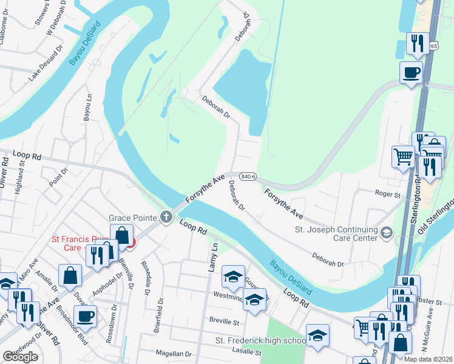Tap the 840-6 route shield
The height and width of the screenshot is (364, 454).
246,176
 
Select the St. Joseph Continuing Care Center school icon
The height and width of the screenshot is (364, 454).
387,232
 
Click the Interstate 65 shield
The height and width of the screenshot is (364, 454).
432,46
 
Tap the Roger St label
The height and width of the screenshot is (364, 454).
388,195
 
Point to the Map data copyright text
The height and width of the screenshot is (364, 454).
429,359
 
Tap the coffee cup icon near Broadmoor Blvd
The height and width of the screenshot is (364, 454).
84,315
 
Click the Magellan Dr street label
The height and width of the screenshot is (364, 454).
172,354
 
